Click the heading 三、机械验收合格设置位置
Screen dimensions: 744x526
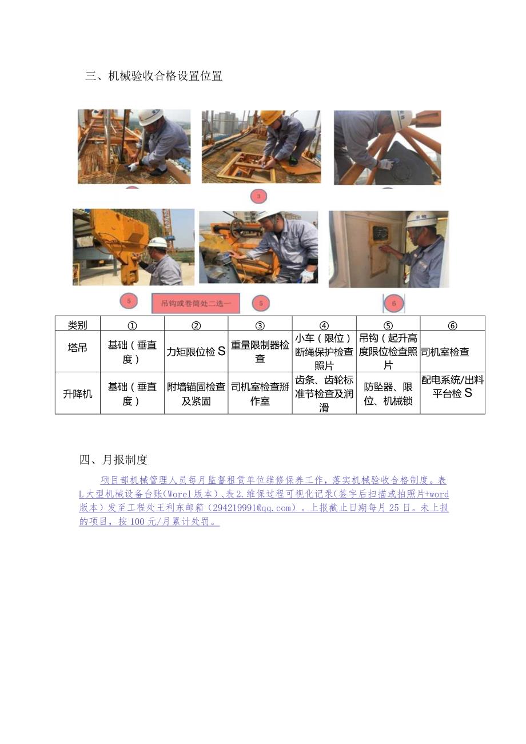click(x=153, y=76)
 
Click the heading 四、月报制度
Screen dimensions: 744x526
click(x=113, y=460)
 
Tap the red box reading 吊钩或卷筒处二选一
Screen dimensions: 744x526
click(x=196, y=304)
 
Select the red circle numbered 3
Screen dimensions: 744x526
click(x=258, y=197)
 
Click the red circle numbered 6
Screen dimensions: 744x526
click(x=393, y=304)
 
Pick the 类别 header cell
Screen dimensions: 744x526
click(x=78, y=325)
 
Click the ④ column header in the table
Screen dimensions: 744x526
click(x=324, y=325)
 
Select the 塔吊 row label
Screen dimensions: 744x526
click(x=78, y=348)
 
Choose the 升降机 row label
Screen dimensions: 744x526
click(x=78, y=394)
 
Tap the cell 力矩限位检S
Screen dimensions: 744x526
click(x=196, y=352)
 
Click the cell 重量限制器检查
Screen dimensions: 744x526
click(x=260, y=352)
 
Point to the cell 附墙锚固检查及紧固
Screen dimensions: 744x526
click(x=196, y=394)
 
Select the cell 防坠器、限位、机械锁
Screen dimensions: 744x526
click(x=388, y=394)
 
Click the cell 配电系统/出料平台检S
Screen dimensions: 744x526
click(x=452, y=387)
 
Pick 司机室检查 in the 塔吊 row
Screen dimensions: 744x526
click(x=445, y=352)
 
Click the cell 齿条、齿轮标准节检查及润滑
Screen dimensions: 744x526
click(x=324, y=394)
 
